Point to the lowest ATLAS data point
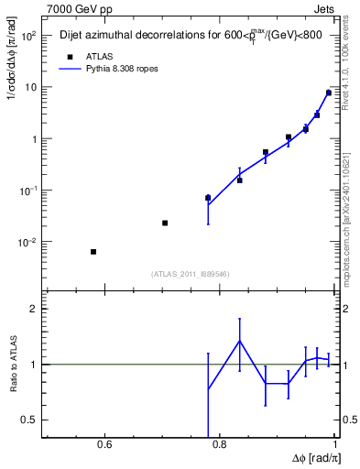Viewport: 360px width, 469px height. coord(93,252)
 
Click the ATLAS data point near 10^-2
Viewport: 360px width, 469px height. coord(165,223)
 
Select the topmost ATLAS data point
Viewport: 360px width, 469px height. coord(329,93)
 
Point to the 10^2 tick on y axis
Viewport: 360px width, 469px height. coord(27,37)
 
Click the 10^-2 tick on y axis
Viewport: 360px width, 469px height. coord(27,243)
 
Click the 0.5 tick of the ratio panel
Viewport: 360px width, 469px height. coord(30,420)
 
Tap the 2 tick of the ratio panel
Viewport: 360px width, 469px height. coord(34,310)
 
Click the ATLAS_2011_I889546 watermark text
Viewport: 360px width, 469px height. coord(189,274)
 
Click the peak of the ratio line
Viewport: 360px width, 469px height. coord(240,341)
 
